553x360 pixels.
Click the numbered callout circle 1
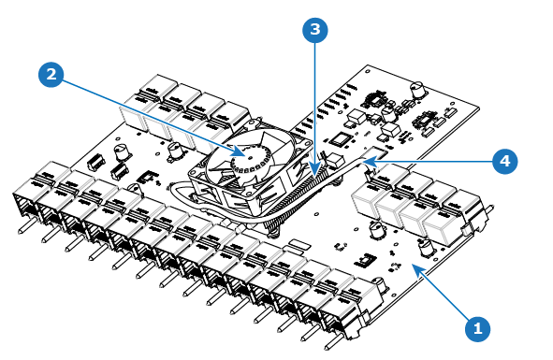477,329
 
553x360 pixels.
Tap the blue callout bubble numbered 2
51,75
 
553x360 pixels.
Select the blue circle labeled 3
315,30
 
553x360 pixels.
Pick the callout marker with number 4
505,161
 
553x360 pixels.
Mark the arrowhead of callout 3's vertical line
314,170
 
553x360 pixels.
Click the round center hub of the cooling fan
251,157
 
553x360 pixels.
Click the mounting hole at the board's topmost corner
369,71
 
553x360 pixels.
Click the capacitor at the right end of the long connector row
378,286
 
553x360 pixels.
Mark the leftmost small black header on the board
95,161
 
